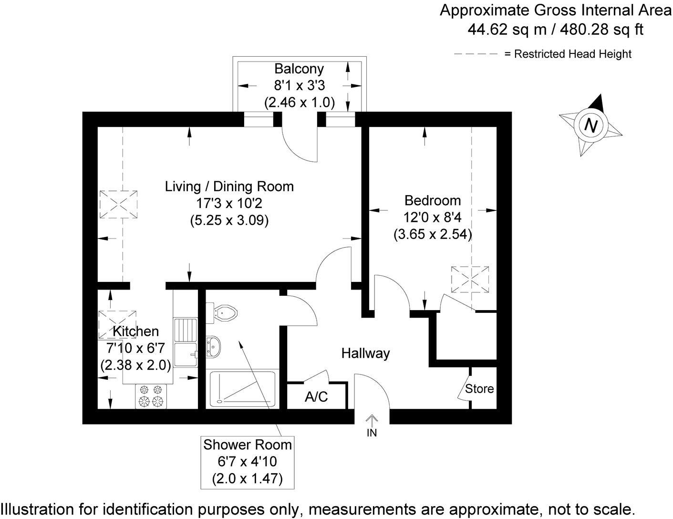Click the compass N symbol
pyautogui.click(x=591, y=125)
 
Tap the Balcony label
pyautogui.click(x=299, y=69)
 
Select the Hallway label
pyautogui.click(x=365, y=353)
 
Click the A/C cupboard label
pyautogui.click(x=316, y=396)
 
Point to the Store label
pyautogui.click(x=479, y=389)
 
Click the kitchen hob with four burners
pyautogui.click(x=152, y=396)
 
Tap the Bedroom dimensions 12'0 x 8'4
pyautogui.click(x=432, y=218)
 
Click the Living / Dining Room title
pyautogui.click(x=229, y=186)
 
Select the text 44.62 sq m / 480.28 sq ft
pyautogui.click(x=555, y=30)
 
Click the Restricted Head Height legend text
pyautogui.click(x=568, y=54)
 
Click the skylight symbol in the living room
pyautogui.click(x=118, y=205)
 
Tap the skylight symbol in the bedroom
pyautogui.click(x=470, y=279)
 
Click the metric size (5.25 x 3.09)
pyautogui.click(x=229, y=220)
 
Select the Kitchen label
pyautogui.click(x=135, y=331)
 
